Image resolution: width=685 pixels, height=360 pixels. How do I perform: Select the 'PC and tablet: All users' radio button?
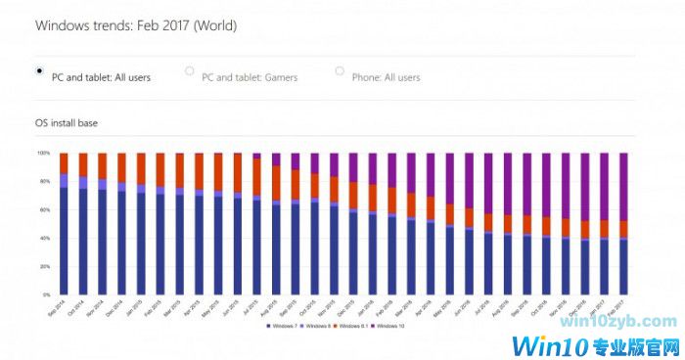coord(39,70)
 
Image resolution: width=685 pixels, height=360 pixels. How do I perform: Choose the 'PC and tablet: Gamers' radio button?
coord(189,70)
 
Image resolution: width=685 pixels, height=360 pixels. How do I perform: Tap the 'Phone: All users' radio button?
coord(340,70)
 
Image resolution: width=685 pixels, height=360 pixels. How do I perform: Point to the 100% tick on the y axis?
coord(43,154)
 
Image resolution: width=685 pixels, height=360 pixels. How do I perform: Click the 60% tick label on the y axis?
coord(44,209)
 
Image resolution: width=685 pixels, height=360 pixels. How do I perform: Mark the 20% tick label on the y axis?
coord(44,266)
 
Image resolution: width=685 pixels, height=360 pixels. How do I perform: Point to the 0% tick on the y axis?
coord(45,294)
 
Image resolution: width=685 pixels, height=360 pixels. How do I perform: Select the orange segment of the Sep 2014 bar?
coord(64,163)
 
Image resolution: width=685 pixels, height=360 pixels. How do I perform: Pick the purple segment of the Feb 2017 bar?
coord(622,186)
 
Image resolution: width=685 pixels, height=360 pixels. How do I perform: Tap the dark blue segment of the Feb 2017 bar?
coord(622,266)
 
